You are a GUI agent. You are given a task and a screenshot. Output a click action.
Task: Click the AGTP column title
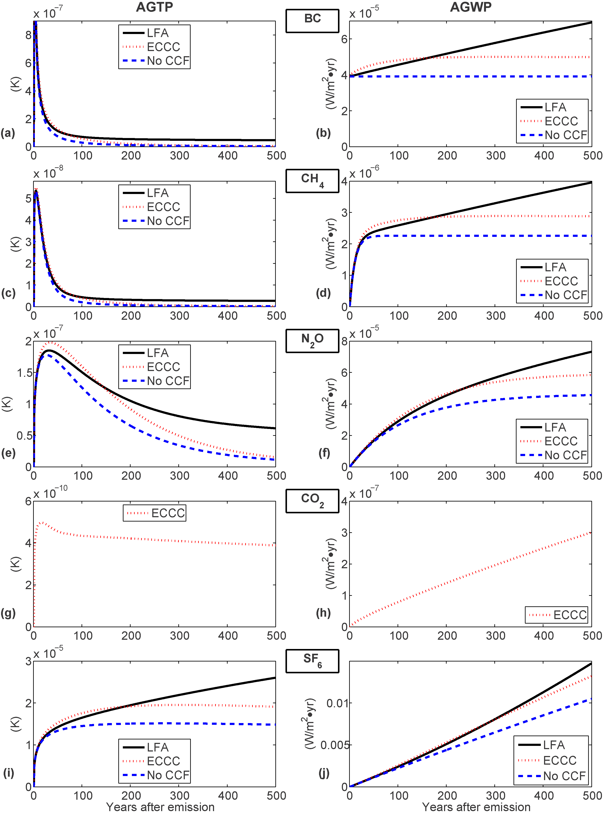(x=154, y=7)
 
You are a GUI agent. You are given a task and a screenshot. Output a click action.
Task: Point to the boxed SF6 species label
(x=312, y=660)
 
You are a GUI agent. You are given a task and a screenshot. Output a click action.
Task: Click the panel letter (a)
(x=8, y=133)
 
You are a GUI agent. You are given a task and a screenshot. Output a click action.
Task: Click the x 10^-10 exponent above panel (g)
(x=50, y=493)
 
